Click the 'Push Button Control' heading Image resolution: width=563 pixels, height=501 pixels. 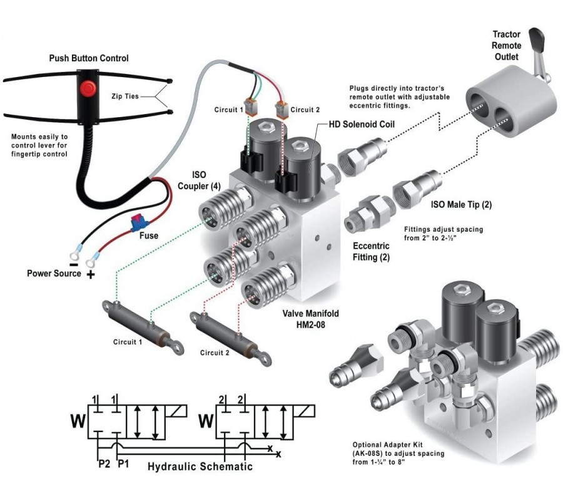89,58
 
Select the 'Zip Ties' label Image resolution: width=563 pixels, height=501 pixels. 125,96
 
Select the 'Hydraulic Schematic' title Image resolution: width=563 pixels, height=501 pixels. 200,467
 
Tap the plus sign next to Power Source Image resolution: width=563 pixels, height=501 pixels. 90,274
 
